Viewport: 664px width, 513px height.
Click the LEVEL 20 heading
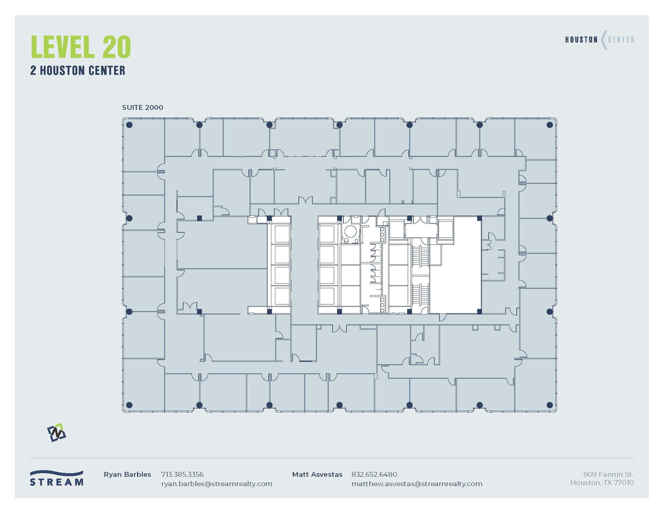point(81,47)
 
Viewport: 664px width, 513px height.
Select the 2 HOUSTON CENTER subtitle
point(78,71)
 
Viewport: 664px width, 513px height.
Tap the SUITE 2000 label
point(142,108)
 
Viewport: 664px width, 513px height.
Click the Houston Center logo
point(599,40)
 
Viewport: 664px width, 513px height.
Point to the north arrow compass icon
point(57,433)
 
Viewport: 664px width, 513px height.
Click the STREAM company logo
point(56,478)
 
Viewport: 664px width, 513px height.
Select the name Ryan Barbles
point(127,474)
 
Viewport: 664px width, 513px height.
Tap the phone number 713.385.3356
point(182,474)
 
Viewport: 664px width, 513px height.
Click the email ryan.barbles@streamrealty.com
point(217,484)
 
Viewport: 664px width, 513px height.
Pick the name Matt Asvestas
point(317,474)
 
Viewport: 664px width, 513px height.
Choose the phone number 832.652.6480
point(374,474)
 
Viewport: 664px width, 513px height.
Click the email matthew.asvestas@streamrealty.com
point(417,484)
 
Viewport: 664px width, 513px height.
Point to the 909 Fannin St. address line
point(608,474)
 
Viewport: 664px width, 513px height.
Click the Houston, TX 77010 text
point(602,483)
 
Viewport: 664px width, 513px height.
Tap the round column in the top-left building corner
point(129,125)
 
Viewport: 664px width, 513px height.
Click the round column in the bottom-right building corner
point(550,405)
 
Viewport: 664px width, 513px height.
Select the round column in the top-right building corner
point(550,125)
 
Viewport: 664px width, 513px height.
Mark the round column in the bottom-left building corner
point(129,405)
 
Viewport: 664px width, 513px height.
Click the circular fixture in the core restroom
point(350,231)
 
